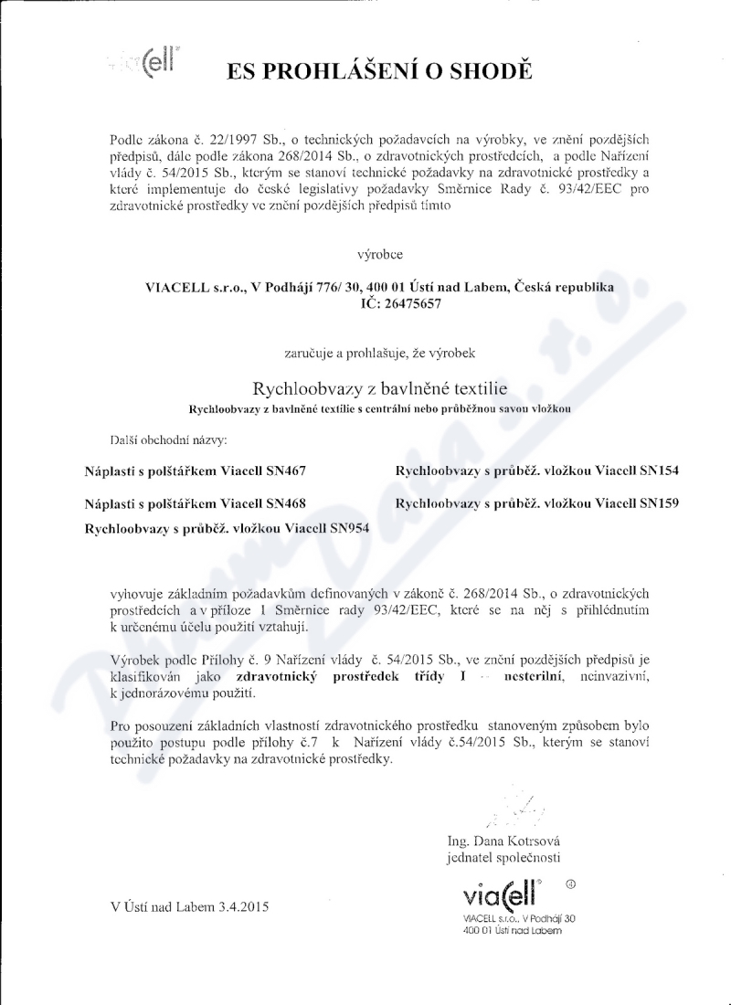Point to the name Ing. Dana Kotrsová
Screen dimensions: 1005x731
click(x=503, y=841)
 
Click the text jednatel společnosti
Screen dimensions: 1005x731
click(x=503, y=858)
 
